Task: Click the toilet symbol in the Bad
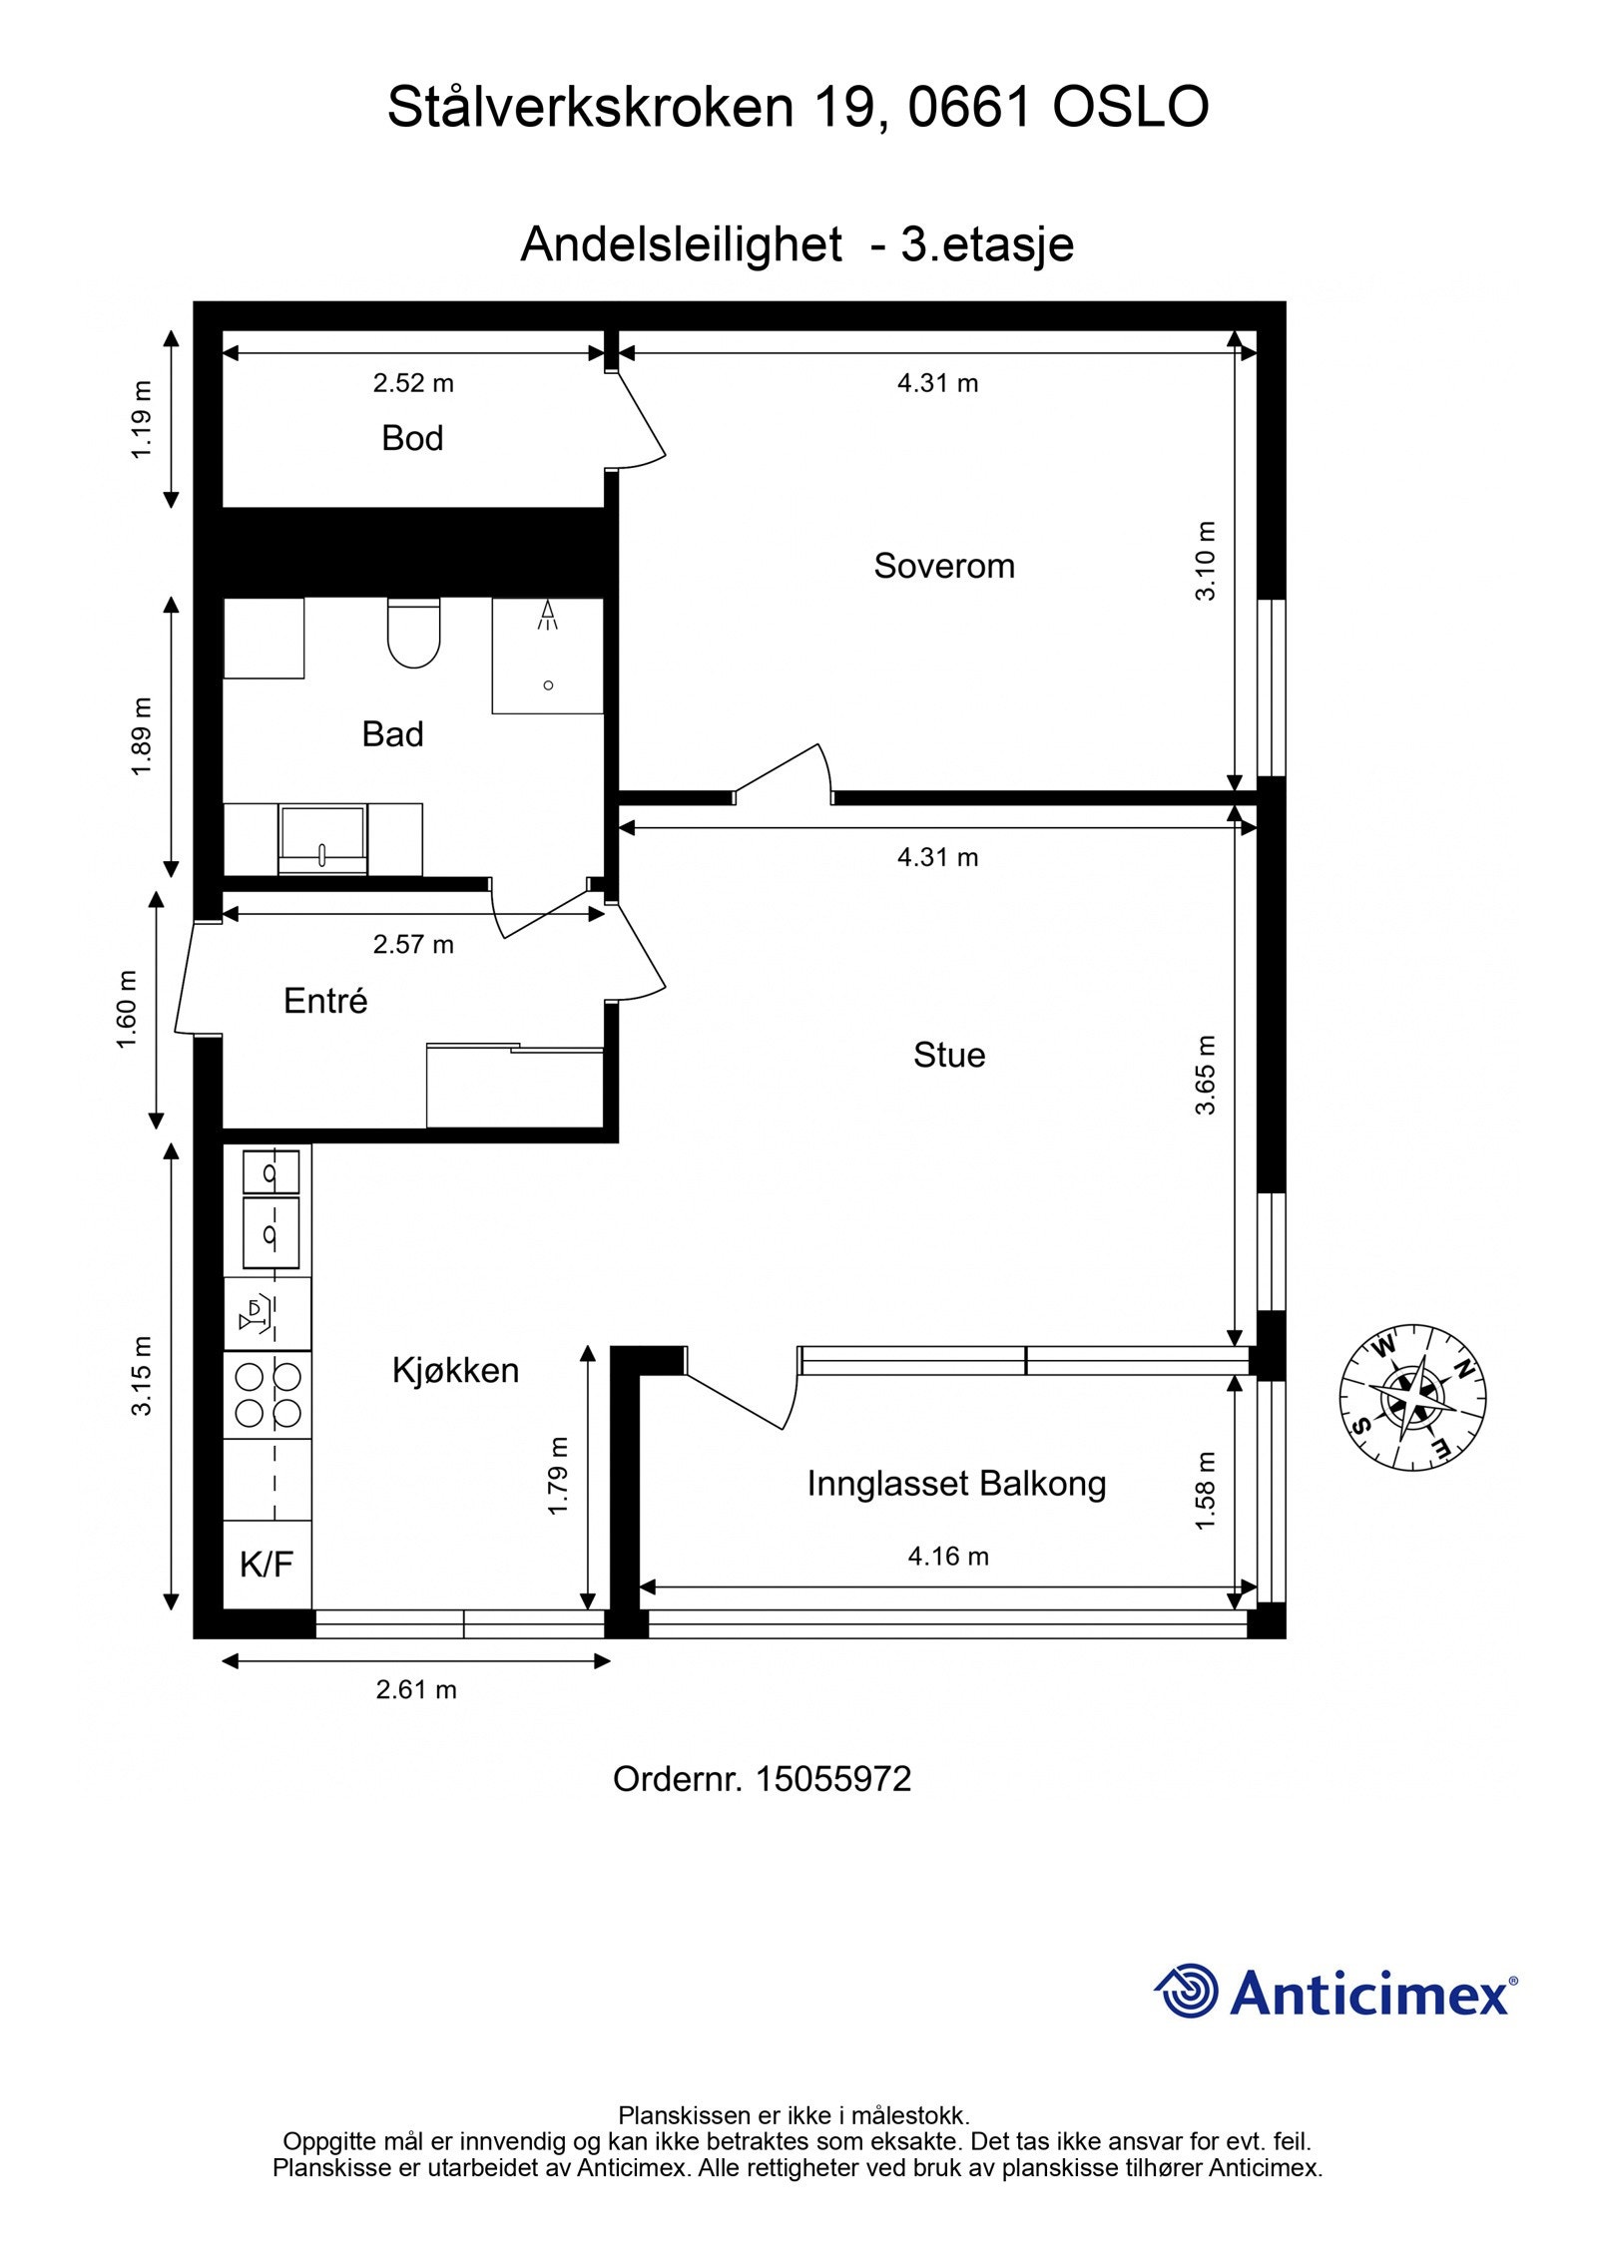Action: [x=413, y=634]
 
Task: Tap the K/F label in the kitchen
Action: [x=266, y=1564]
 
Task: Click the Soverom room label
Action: [x=943, y=566]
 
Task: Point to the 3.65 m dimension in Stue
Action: [x=1207, y=1075]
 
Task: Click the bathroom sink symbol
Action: [x=322, y=840]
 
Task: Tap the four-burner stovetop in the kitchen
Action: [x=267, y=1394]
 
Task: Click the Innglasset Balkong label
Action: [x=956, y=1484]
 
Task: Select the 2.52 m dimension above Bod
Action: [x=413, y=383]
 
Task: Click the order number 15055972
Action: [x=832, y=1779]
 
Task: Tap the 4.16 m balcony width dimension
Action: [x=947, y=1556]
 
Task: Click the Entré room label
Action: [x=325, y=1001]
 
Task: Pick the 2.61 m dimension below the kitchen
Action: [x=416, y=1689]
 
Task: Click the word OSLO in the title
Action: [x=1130, y=108]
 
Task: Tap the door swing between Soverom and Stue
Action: [x=789, y=774]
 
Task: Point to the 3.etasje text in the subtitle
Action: [x=987, y=244]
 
